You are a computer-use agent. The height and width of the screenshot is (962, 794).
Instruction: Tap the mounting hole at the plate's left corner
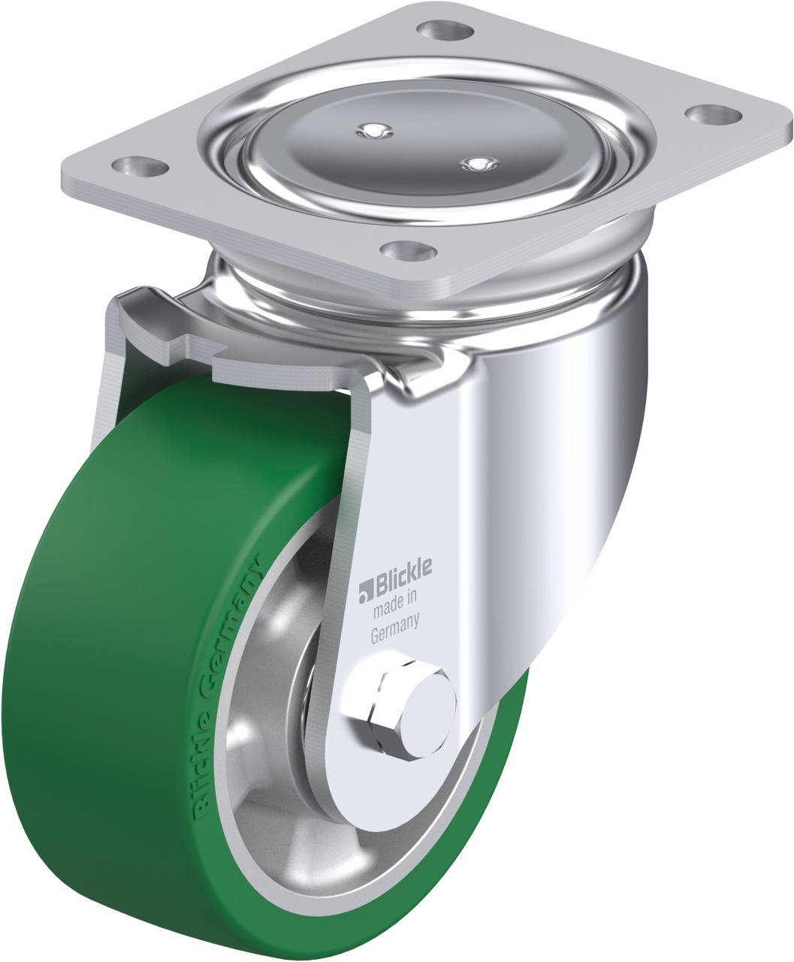pos(140,166)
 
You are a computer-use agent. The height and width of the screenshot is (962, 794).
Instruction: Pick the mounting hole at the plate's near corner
pos(409,251)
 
